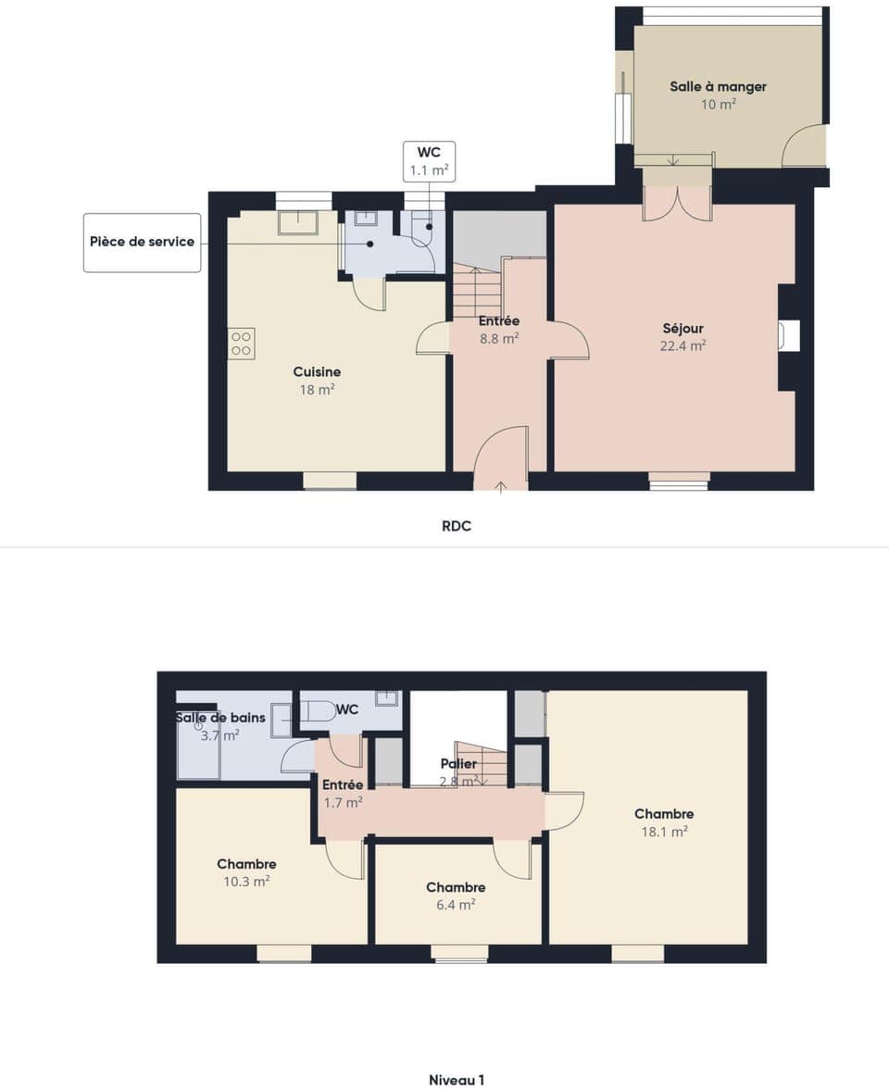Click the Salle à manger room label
tap(718, 87)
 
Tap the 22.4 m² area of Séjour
tap(683, 345)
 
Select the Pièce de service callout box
tap(142, 242)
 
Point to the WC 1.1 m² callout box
tap(429, 161)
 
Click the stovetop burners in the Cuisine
tap(242, 344)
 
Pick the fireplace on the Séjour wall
tap(788, 335)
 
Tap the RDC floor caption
tap(457, 526)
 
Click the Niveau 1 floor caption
tap(456, 1080)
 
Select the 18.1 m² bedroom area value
tap(664, 832)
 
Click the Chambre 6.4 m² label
tap(456, 887)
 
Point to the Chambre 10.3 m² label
tap(246, 864)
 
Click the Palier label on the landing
tap(458, 764)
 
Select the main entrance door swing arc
tap(501, 454)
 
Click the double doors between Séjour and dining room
tap(677, 205)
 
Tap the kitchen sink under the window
tap(297, 222)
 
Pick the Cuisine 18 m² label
tap(317, 372)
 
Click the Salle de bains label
tap(220, 718)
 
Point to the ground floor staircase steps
tap(476, 291)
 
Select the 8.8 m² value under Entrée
tap(498, 339)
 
